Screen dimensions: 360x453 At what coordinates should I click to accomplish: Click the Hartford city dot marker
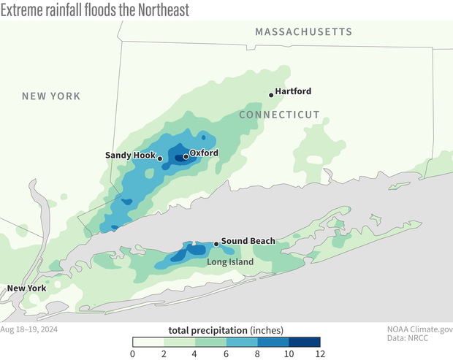270,93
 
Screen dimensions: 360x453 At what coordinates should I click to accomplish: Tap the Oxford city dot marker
186,156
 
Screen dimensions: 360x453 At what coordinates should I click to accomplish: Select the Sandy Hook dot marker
160,158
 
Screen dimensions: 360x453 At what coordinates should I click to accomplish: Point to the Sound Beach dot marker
216,244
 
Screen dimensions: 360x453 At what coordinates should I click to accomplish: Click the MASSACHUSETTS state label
303,32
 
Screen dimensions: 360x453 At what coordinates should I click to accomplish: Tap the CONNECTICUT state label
280,115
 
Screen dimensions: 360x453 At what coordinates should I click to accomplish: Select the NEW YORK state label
51,96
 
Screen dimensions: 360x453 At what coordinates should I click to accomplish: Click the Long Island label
229,262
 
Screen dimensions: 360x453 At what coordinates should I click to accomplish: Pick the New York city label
27,288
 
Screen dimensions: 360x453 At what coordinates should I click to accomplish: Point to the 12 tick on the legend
319,354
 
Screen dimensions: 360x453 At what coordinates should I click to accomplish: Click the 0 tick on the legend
132,354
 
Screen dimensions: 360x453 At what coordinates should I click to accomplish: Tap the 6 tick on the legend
226,354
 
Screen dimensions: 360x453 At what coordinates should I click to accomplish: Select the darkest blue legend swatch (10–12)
304,341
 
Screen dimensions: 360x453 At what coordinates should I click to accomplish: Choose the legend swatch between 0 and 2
148,341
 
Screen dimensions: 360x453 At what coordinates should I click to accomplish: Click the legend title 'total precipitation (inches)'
226,329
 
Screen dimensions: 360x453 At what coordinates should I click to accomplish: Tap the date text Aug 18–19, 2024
29,329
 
